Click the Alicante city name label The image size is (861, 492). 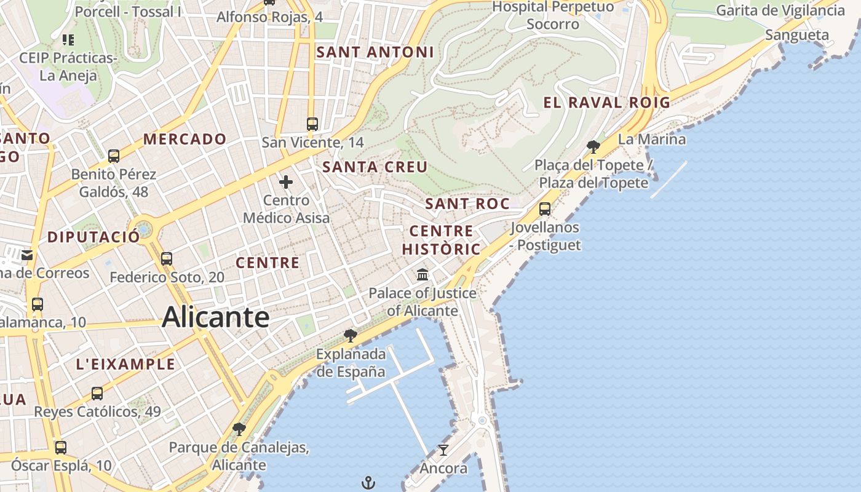click(x=215, y=317)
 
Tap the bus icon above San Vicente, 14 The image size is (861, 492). click(x=312, y=124)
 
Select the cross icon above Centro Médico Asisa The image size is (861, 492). click(x=286, y=182)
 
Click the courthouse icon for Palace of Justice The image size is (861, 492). click(x=423, y=274)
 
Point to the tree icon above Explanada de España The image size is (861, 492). click(x=351, y=335)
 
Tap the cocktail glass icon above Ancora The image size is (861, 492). click(x=443, y=450)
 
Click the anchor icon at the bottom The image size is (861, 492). click(x=368, y=483)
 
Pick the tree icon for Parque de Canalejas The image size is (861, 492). click(x=239, y=429)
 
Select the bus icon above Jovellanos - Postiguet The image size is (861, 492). click(x=545, y=209)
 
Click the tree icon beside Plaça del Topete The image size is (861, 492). click(x=593, y=146)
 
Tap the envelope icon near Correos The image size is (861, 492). click(x=27, y=255)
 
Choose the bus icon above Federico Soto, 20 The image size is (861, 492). click(x=167, y=259)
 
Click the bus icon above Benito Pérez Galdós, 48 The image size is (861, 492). click(x=114, y=156)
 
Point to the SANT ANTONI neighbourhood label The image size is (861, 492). click(x=375, y=52)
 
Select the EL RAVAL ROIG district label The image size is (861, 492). click(x=606, y=103)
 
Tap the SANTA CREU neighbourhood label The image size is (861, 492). click(x=375, y=167)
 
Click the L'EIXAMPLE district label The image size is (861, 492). click(x=125, y=364)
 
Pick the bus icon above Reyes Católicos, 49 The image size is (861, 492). click(x=97, y=394)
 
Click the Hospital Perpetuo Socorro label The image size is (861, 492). click(x=553, y=15)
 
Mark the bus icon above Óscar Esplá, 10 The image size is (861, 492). click(x=60, y=448)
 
